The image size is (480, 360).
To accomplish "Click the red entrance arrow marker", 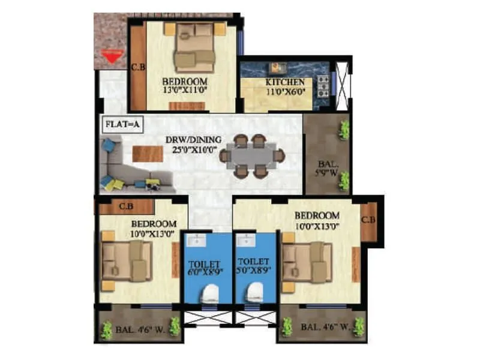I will click(x=109, y=58).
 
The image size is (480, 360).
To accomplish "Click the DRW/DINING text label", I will click(x=194, y=140).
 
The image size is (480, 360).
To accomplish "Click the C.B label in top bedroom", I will click(x=138, y=67).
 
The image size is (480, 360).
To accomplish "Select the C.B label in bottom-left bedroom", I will click(x=126, y=207).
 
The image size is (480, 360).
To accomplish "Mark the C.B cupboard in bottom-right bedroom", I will click(x=369, y=223).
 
